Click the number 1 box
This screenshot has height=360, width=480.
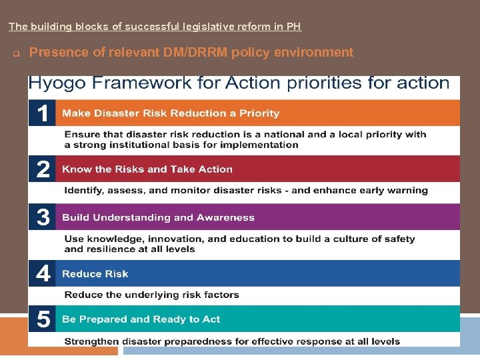coord(42,113)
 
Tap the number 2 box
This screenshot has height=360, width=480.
coord(42,169)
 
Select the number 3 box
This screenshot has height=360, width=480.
coord(42,217)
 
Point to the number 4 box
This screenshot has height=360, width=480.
coord(42,273)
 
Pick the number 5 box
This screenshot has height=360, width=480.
coord(42,319)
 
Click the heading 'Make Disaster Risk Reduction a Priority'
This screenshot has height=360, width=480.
coord(171,113)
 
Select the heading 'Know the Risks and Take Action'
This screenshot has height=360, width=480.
coord(147,169)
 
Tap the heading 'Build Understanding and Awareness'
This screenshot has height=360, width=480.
coord(158,217)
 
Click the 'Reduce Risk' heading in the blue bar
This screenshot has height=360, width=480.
coord(95,274)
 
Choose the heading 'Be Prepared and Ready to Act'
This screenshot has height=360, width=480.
coord(141,319)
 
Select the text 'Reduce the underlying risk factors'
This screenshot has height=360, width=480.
coord(151,295)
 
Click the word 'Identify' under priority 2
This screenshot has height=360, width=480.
coord(83,191)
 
